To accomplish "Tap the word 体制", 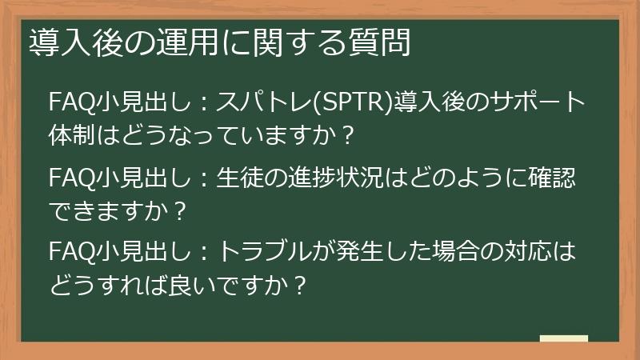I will [69, 134].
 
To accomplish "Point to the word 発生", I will [372, 254].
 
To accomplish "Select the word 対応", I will [523, 254].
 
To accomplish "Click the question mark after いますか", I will [346, 134].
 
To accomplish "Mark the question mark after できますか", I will [179, 209].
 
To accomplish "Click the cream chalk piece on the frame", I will [563, 339].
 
